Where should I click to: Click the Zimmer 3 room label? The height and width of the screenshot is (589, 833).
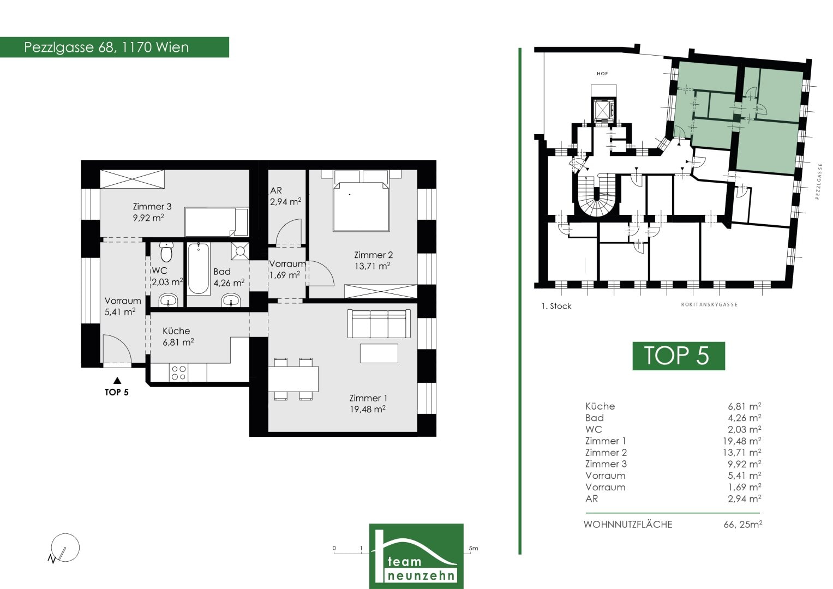[152, 206]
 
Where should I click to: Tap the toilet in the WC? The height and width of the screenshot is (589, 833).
[166, 252]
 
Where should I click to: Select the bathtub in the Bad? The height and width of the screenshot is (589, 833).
[198, 268]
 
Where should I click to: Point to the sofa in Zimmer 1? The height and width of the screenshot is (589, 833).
[379, 323]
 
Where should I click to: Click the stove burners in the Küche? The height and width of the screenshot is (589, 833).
[178, 372]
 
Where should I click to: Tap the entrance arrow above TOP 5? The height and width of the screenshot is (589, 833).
[117, 380]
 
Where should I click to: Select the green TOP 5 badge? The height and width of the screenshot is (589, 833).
[679, 356]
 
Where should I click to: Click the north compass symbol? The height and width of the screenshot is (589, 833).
[64, 548]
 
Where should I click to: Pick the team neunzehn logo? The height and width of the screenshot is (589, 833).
[416, 556]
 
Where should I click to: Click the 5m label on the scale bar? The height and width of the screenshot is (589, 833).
[474, 548]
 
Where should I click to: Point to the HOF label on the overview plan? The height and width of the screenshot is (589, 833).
[602, 74]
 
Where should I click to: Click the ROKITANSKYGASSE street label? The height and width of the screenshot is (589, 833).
[709, 304]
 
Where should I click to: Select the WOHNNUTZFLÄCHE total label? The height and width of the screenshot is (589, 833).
[628, 524]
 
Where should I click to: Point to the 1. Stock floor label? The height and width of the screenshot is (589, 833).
[556, 306]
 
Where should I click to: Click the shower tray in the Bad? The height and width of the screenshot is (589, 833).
[240, 251]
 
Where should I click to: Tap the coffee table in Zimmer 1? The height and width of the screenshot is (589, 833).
[379, 353]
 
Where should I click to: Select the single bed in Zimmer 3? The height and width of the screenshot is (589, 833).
[217, 221]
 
